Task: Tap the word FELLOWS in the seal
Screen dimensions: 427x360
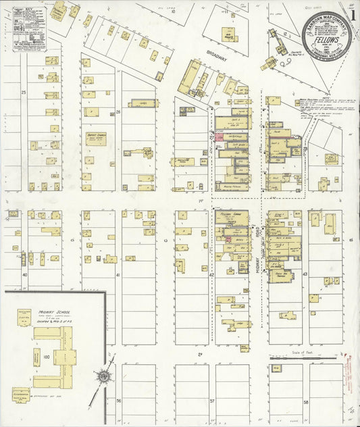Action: (326, 39)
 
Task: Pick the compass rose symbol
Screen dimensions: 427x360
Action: (103, 376)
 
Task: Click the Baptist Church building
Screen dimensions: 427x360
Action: (96, 139)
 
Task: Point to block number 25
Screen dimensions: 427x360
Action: (24, 91)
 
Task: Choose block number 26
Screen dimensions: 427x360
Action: (118, 111)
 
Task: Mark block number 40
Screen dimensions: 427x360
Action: (24, 275)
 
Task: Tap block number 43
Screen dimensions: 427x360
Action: (305, 274)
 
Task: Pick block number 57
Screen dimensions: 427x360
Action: (211, 401)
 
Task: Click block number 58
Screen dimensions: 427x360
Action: (305, 401)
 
